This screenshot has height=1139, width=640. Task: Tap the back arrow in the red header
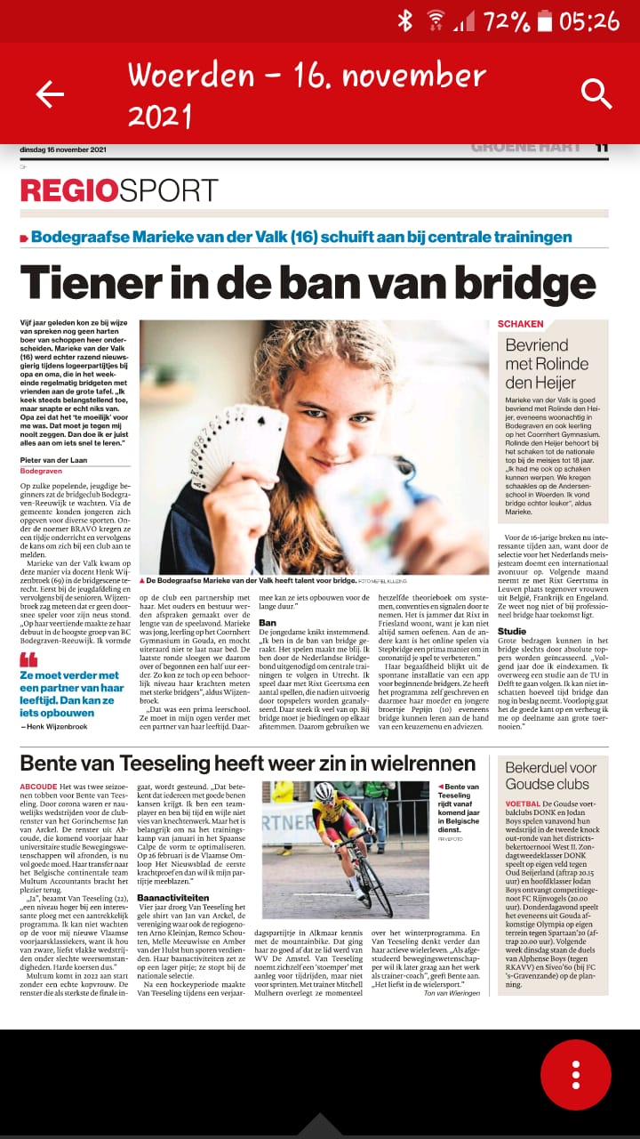(50, 93)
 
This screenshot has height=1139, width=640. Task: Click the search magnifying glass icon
(596, 93)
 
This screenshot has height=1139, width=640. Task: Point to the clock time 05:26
(590, 20)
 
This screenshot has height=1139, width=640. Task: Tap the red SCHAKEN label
(520, 325)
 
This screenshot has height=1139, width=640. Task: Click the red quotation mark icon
(29, 659)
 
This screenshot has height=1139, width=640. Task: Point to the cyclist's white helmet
(324, 791)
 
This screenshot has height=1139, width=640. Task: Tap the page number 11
(602, 148)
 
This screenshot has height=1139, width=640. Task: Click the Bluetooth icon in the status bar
(405, 20)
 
